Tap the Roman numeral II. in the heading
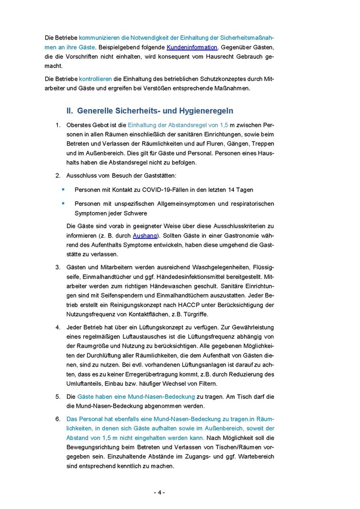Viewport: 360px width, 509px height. point(70,111)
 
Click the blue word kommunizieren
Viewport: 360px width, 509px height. point(100,37)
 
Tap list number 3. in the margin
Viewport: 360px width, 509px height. point(58,266)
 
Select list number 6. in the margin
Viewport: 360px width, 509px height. point(58,419)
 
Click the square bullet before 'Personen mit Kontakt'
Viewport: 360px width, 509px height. point(63,189)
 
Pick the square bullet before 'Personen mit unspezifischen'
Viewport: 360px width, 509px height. point(63,203)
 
